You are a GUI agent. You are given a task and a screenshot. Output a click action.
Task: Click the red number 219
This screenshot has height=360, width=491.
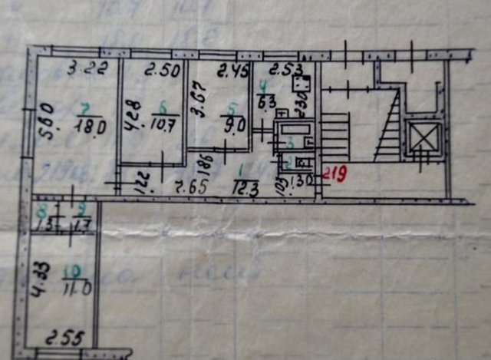point(332,175)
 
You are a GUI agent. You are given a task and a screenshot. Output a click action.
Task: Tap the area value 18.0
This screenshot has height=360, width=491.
point(91,127)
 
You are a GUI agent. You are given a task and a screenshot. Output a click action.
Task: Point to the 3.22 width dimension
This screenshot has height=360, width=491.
point(81,68)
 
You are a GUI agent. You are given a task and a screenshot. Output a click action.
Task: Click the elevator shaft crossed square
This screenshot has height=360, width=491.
point(423,138)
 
